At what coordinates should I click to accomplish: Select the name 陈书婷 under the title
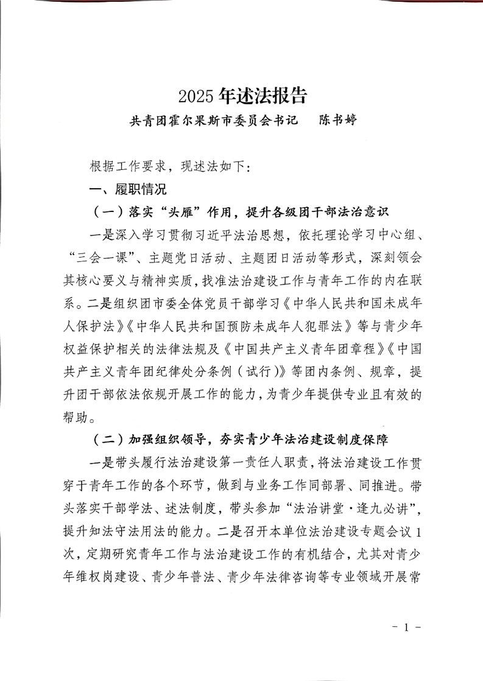338,120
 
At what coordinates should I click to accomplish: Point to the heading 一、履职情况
128,189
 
